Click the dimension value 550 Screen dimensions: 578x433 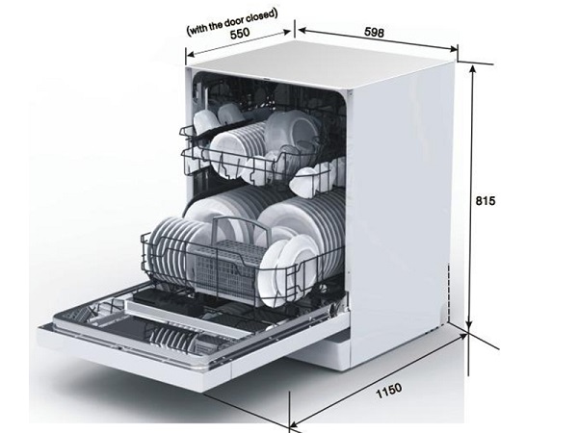240,33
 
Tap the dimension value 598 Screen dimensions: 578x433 374,33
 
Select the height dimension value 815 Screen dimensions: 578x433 486,201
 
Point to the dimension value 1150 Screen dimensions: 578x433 389,391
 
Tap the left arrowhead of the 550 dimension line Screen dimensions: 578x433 190,55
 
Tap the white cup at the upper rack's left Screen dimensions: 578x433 205,120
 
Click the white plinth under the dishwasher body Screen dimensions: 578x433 320,353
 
